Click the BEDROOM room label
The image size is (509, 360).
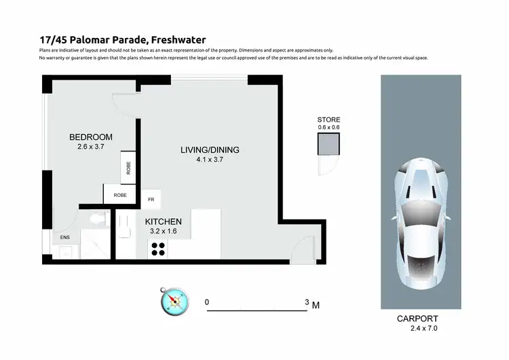pyautogui.click(x=91, y=137)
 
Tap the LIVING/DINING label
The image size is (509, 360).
pyautogui.click(x=210, y=150)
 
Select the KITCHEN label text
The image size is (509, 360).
pyautogui.click(x=163, y=221)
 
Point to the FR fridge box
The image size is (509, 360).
pyautogui.click(x=152, y=200)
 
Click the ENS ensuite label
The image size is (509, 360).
pyautogui.click(x=65, y=237)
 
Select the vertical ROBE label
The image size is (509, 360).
pyautogui.click(x=128, y=167)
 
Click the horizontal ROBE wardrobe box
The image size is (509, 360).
pyautogui.click(x=120, y=195)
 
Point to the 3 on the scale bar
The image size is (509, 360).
pyautogui.click(x=307, y=302)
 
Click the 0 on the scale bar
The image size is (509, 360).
pyautogui.click(x=207, y=302)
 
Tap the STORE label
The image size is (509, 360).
pyautogui.click(x=328, y=120)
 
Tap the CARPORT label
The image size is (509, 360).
pyautogui.click(x=417, y=319)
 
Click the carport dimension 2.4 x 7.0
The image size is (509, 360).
pyautogui.click(x=425, y=329)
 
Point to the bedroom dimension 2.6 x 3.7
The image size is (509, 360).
pyautogui.click(x=91, y=147)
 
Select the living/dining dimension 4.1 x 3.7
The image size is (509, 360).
pyautogui.click(x=210, y=160)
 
